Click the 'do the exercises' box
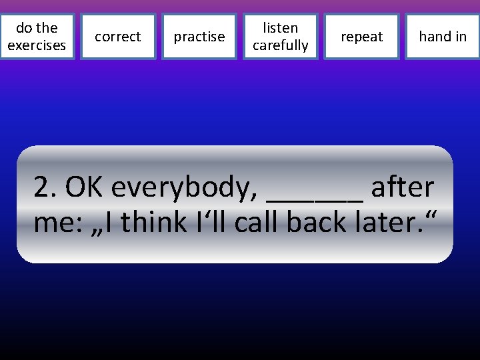37,37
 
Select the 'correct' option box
118,37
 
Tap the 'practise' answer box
199,37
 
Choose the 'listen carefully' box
280,37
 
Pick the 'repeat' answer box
361,37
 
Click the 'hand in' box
443,37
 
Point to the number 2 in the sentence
43,189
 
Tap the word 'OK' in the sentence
85,189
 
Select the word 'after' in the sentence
403,189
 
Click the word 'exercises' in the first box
37,45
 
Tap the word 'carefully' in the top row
280,45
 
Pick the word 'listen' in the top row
280,28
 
